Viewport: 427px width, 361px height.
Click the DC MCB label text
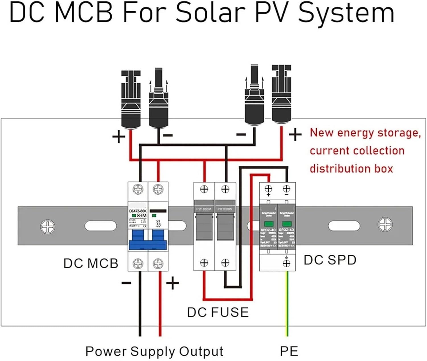[x=91, y=263]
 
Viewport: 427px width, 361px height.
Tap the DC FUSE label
[x=218, y=312]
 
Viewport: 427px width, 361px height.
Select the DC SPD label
[x=330, y=260]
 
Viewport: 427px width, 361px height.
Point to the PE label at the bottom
[x=289, y=351]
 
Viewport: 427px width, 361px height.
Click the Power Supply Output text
[x=154, y=351]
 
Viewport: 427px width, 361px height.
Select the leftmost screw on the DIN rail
[x=48, y=227]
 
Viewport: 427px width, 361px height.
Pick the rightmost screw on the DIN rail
[x=385, y=225]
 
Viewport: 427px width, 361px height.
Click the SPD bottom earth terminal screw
[x=286, y=263]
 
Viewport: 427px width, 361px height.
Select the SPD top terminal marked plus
[x=268, y=189]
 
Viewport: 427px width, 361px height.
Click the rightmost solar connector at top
[x=281, y=94]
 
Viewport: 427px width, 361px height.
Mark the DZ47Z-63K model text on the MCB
[x=137, y=211]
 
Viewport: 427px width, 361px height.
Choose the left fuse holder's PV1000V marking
[x=204, y=209]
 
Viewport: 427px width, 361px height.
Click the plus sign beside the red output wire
[x=173, y=283]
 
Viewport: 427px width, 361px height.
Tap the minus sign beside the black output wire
[x=126, y=283]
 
